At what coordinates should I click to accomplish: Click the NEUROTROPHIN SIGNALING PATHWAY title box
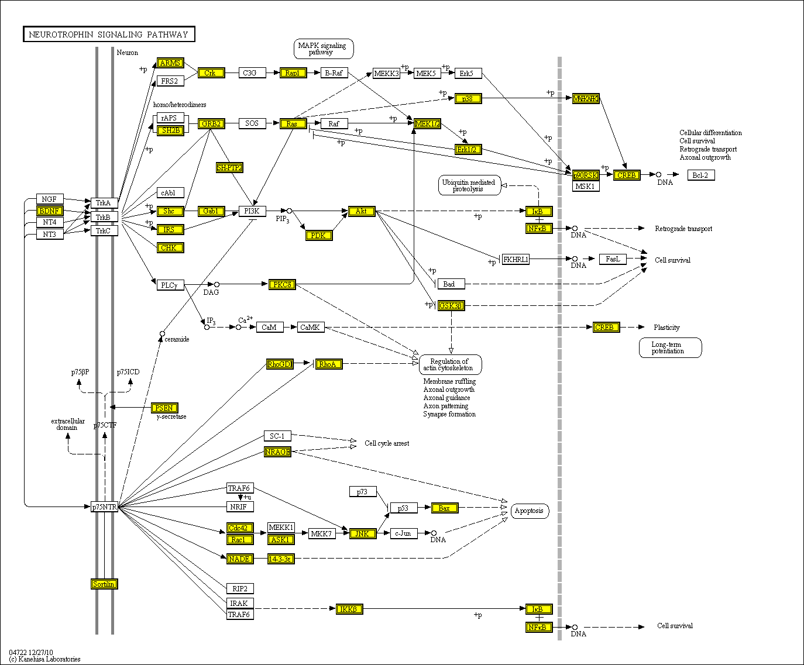click(x=109, y=35)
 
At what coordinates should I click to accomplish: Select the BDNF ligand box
click(x=50, y=211)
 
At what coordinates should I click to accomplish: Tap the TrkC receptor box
click(x=104, y=230)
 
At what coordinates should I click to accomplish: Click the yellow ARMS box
click(x=170, y=63)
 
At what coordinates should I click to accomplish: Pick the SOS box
click(x=252, y=123)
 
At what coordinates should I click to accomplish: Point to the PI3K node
click(x=252, y=211)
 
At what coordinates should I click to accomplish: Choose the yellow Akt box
click(x=361, y=211)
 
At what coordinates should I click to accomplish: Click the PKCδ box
click(x=282, y=285)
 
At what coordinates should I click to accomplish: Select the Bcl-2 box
click(x=700, y=175)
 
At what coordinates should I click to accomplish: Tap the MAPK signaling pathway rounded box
click(x=322, y=49)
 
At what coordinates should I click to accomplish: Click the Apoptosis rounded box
click(x=529, y=511)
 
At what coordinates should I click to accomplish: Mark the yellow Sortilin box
click(x=104, y=584)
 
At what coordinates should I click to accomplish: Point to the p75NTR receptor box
click(x=105, y=506)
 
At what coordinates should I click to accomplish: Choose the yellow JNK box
click(x=362, y=533)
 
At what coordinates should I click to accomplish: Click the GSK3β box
click(x=451, y=305)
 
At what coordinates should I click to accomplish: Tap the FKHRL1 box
click(x=516, y=259)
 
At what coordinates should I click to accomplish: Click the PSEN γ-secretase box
click(x=164, y=408)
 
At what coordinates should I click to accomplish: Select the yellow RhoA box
click(x=328, y=364)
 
